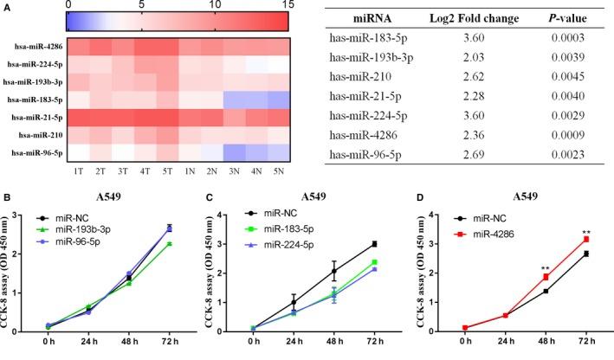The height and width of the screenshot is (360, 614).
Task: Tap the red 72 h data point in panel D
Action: pos(586,239)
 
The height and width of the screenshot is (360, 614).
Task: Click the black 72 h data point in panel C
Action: pos(373,244)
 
